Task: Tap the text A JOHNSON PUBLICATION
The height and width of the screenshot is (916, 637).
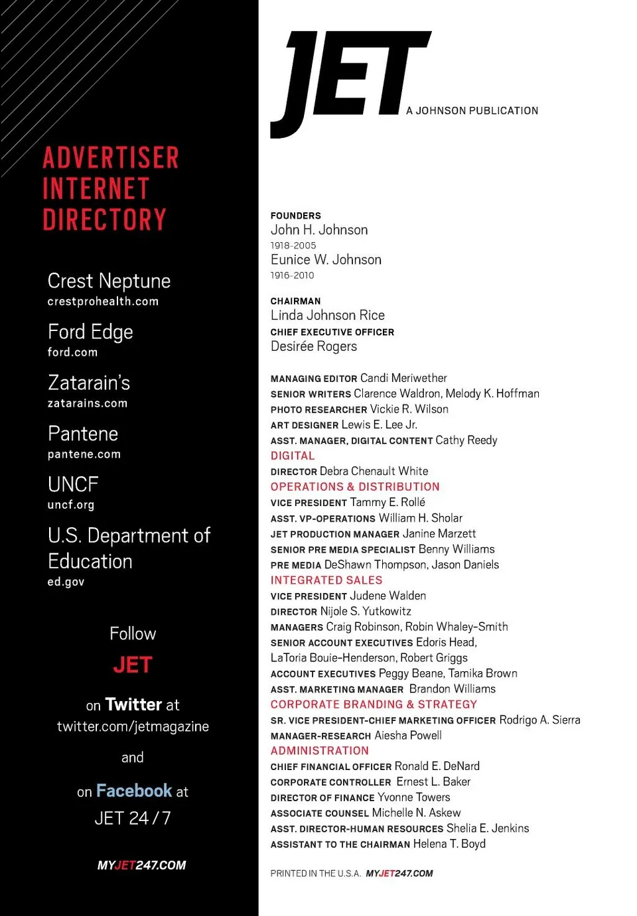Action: pyautogui.click(x=472, y=111)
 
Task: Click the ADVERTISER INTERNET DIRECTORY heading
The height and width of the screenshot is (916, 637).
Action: pyautogui.click(x=109, y=189)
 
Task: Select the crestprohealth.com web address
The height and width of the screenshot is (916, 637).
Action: pyautogui.click(x=103, y=301)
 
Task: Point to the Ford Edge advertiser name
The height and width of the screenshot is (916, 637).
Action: pyautogui.click(x=90, y=332)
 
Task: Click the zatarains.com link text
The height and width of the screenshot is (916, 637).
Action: pyautogui.click(x=87, y=403)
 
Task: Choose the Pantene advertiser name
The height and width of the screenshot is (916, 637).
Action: pyautogui.click(x=83, y=434)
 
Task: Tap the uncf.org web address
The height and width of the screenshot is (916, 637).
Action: pyautogui.click(x=70, y=505)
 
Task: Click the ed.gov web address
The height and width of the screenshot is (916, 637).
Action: pyautogui.click(x=66, y=582)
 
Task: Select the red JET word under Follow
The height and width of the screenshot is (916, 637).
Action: pyautogui.click(x=133, y=665)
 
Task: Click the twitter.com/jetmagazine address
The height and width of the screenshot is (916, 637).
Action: pyautogui.click(x=133, y=726)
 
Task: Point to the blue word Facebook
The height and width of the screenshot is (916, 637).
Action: pyautogui.click(x=134, y=791)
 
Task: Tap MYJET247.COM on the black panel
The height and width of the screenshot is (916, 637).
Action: pyautogui.click(x=141, y=865)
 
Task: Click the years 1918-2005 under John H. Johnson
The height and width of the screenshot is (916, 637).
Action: pyautogui.click(x=293, y=245)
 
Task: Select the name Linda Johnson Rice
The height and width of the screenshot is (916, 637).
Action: pyautogui.click(x=327, y=315)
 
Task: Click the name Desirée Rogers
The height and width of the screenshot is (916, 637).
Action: pyautogui.click(x=313, y=346)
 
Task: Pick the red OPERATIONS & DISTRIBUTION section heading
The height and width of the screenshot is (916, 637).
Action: pyautogui.click(x=354, y=487)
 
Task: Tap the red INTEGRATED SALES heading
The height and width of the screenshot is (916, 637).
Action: pyautogui.click(x=326, y=580)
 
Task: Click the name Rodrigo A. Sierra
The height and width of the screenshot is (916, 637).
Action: pyautogui.click(x=539, y=720)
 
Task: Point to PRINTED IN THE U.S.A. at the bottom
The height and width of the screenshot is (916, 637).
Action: pyautogui.click(x=315, y=874)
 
